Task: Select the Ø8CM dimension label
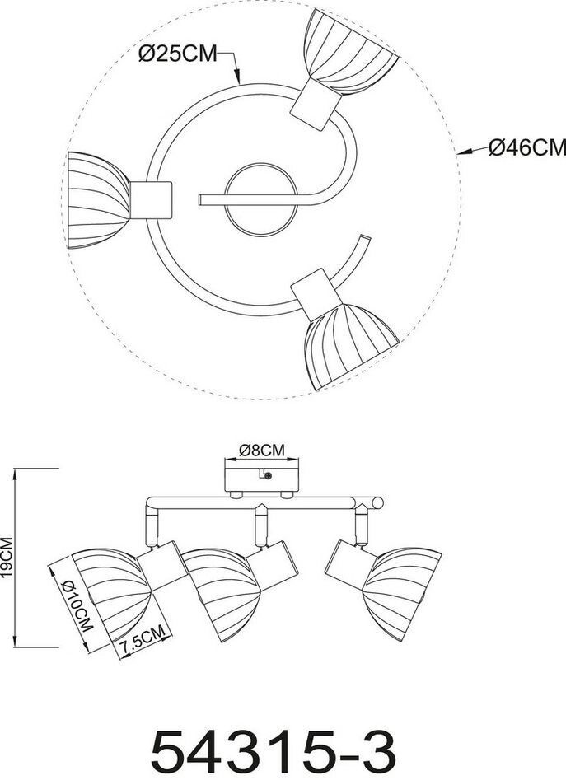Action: click(x=261, y=450)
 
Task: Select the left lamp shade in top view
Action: click(x=97, y=198)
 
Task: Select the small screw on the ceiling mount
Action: click(x=266, y=476)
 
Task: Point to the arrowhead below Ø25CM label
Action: click(x=238, y=82)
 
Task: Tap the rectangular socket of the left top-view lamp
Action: click(x=152, y=199)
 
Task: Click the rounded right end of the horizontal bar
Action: click(x=377, y=502)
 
